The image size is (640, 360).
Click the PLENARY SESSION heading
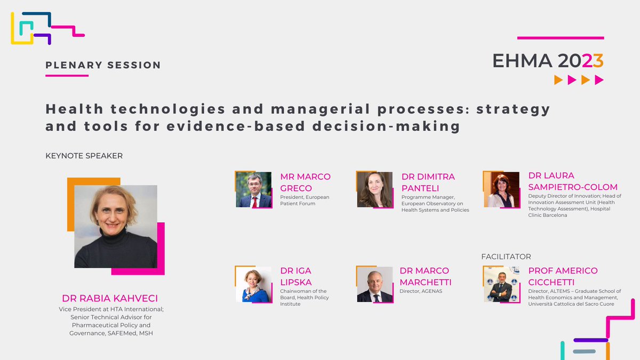(103, 65)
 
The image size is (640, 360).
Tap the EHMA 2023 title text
(548, 61)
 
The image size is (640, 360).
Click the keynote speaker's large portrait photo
(116, 226)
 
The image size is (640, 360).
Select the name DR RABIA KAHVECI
(109, 298)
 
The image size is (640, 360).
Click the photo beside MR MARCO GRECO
(253, 190)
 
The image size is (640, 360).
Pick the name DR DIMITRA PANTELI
(428, 182)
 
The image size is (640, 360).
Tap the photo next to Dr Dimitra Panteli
(375, 190)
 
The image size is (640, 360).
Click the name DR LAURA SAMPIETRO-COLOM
(573, 181)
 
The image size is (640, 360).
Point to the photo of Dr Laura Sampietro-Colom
(501, 190)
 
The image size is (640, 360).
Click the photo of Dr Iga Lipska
(253, 285)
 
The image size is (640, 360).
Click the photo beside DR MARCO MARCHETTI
(375, 285)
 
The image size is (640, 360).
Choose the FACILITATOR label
(506, 257)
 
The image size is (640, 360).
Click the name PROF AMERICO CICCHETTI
(563, 276)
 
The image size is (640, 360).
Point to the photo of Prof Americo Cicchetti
(501, 285)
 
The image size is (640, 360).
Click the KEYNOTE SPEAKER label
(84, 156)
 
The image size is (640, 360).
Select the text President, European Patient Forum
(305, 200)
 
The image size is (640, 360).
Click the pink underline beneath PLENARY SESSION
(67, 76)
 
